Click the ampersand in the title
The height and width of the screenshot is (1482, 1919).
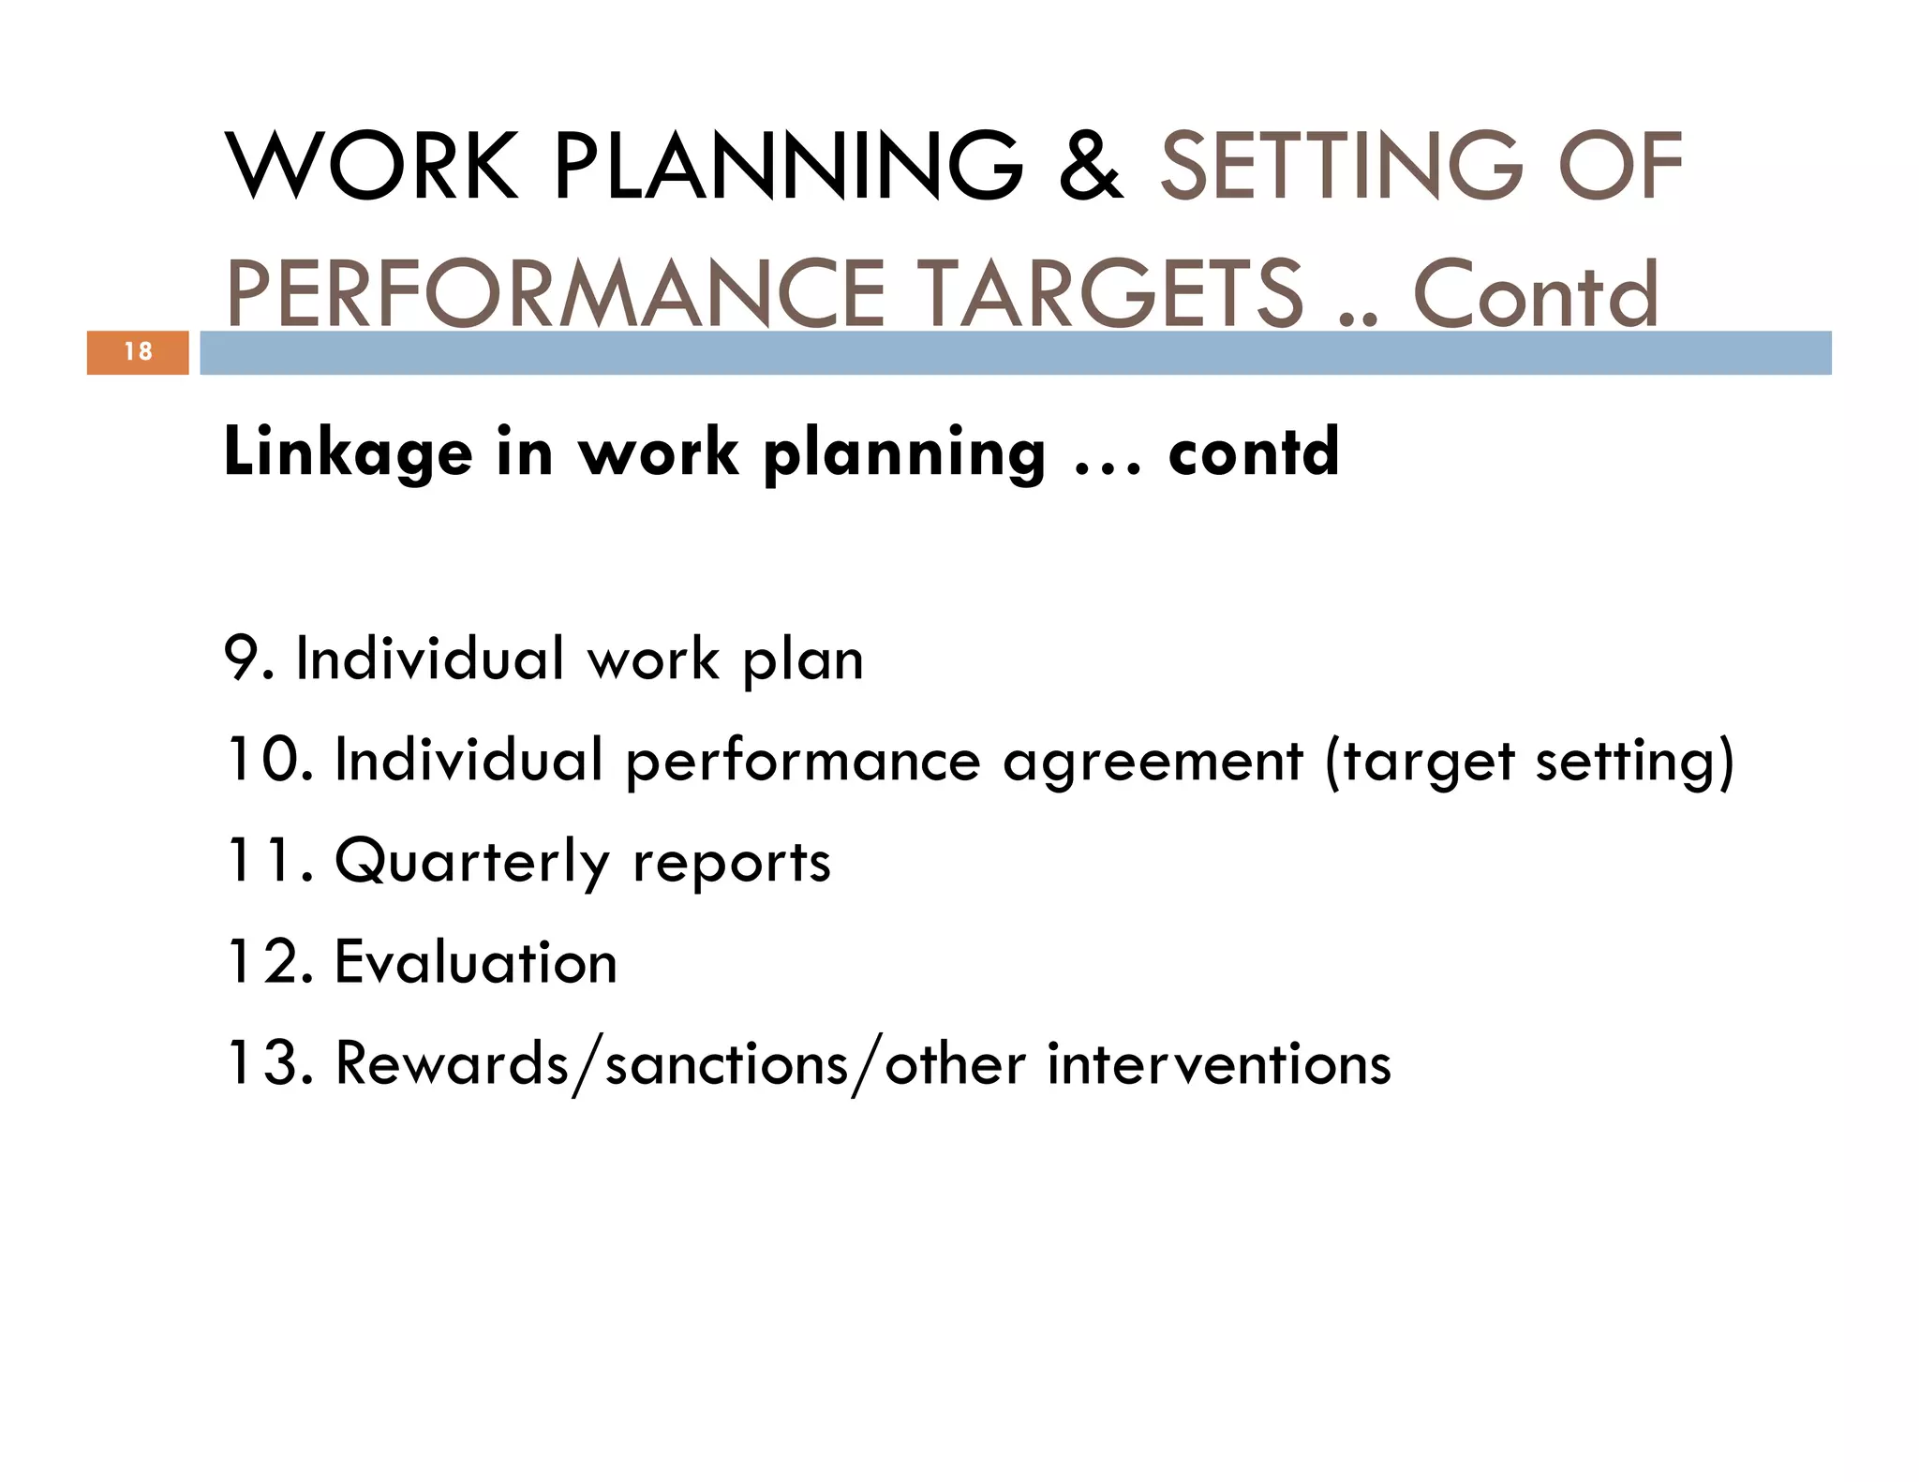(x=1091, y=166)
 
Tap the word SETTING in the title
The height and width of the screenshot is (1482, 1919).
(x=1342, y=166)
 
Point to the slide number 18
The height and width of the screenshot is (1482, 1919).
(x=138, y=352)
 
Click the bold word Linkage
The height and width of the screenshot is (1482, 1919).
(x=348, y=453)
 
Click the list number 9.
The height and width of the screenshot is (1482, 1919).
(x=246, y=659)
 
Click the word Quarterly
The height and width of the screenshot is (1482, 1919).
(x=471, y=863)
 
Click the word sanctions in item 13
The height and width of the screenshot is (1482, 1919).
(x=726, y=1065)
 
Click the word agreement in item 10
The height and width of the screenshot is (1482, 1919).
(x=1153, y=762)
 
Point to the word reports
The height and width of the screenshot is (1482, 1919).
(x=731, y=863)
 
